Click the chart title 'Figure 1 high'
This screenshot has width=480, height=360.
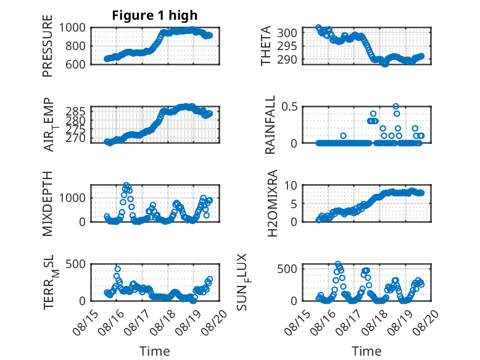(x=155, y=15)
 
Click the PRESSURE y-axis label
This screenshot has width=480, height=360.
(x=48, y=46)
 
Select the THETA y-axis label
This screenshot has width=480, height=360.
(x=266, y=46)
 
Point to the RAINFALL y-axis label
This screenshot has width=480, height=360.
(x=270, y=125)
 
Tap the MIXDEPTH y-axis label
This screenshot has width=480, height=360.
(x=48, y=204)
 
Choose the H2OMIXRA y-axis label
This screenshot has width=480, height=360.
(x=272, y=203)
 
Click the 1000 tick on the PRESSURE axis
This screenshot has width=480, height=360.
(x=72, y=28)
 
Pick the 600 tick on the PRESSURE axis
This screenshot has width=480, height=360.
(x=75, y=64)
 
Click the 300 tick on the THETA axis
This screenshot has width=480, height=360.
(x=287, y=33)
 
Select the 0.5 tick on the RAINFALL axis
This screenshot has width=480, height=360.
(x=289, y=107)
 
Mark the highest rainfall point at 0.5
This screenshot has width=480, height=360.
(x=396, y=106)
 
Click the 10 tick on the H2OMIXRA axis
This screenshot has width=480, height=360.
(x=291, y=185)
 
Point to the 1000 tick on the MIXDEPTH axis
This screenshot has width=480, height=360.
(x=72, y=198)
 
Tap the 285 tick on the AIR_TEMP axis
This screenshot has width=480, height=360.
(x=76, y=111)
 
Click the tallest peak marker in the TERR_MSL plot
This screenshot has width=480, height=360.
(x=118, y=269)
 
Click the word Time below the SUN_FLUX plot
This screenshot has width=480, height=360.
(x=366, y=351)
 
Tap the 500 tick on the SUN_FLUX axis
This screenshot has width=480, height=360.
(x=287, y=269)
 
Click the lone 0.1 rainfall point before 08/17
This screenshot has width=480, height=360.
(x=343, y=136)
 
